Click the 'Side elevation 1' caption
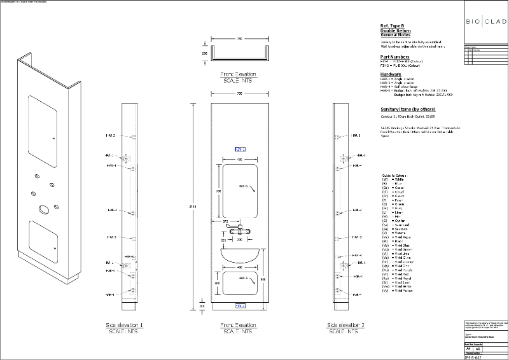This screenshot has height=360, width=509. pyautogui.click(x=124, y=325)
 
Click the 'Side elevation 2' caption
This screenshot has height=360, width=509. pyautogui.click(x=345, y=325)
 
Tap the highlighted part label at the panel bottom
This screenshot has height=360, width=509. pyautogui.click(x=240, y=306)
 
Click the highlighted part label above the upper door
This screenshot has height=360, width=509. pyautogui.click(x=240, y=149)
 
